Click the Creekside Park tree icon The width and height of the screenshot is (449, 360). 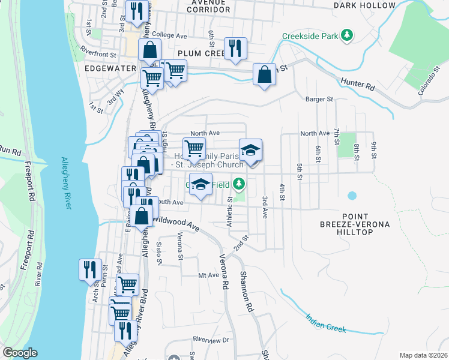click(x=346, y=36)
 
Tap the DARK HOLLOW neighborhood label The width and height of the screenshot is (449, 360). click(x=365, y=5)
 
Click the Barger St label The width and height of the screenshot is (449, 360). click(x=318, y=99)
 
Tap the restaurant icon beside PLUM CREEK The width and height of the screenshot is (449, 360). click(x=234, y=48)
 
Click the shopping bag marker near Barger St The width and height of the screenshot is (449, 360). click(x=264, y=74)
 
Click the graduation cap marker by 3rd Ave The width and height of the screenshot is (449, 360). click(x=250, y=150)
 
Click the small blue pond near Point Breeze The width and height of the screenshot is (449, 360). click(x=352, y=196)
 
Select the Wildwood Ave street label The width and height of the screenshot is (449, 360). click(x=175, y=224)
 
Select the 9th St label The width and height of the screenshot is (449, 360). click(x=373, y=148)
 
